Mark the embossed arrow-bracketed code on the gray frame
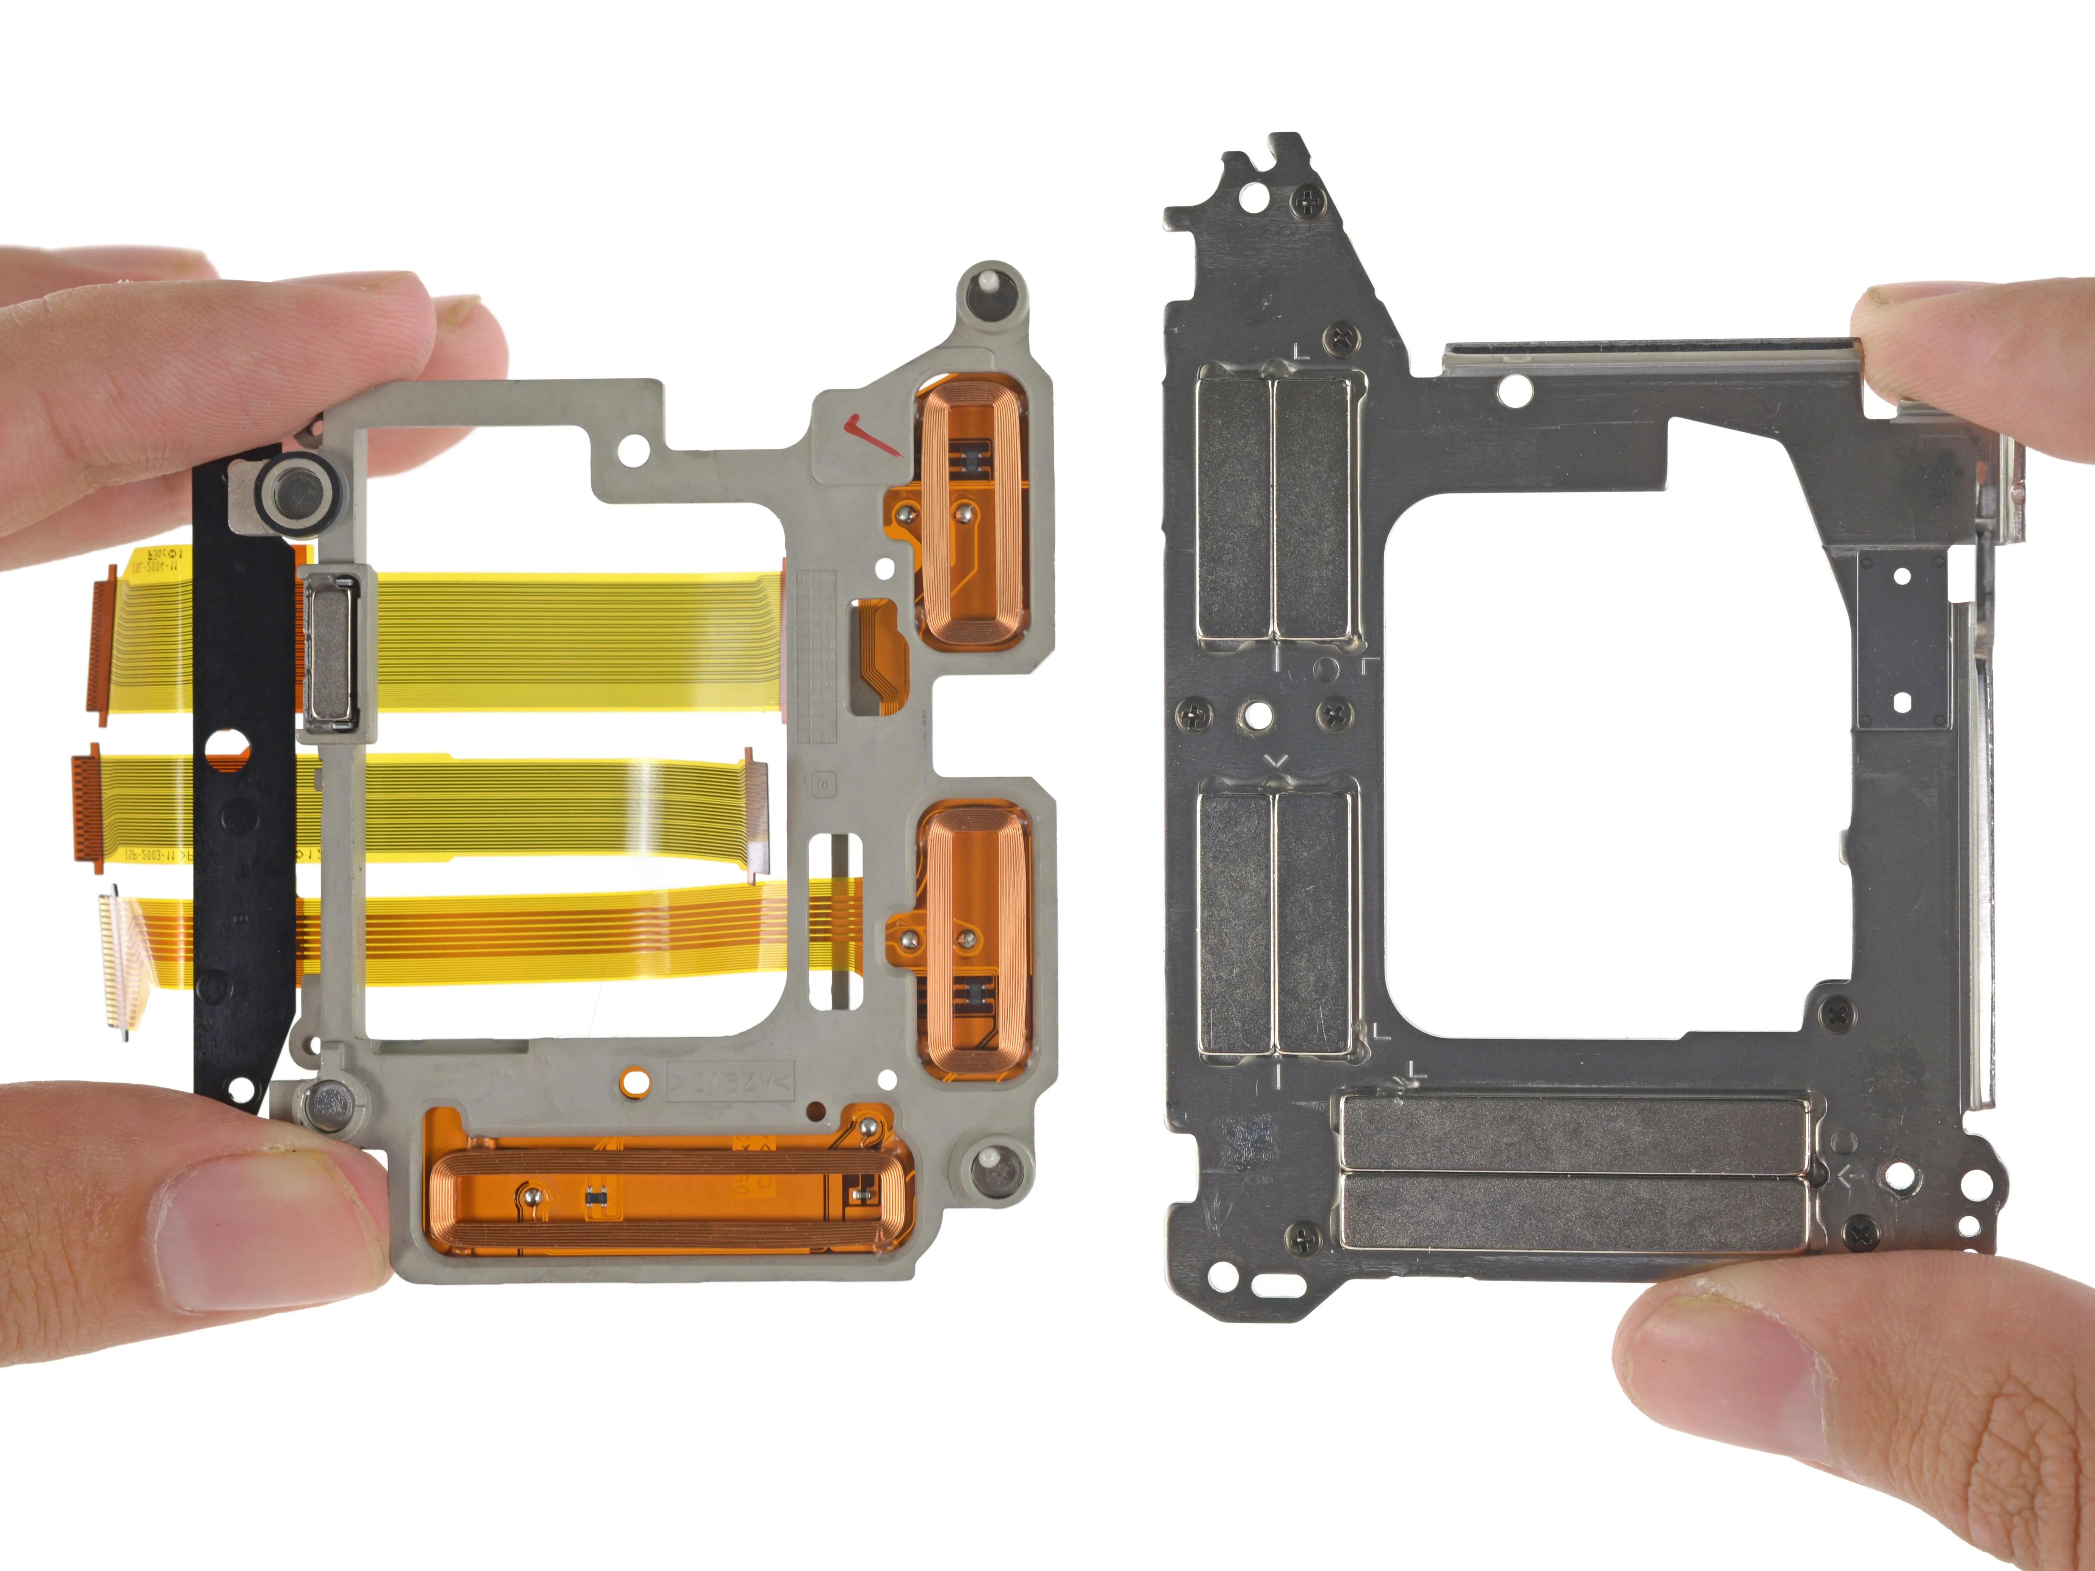(x=731, y=1080)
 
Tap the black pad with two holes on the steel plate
(x=1901, y=639)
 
